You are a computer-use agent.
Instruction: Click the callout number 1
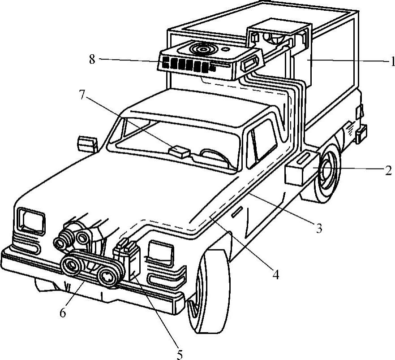392,61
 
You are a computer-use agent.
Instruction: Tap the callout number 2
388,170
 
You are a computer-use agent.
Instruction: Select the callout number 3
319,228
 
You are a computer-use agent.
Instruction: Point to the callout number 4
276,274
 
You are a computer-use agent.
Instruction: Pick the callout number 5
179,355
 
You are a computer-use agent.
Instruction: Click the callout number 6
63,313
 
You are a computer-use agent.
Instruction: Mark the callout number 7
82,94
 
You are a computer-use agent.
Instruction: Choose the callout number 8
92,60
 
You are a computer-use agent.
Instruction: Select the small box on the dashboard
179,151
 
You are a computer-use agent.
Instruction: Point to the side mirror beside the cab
87,144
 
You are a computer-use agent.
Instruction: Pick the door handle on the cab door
237,211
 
